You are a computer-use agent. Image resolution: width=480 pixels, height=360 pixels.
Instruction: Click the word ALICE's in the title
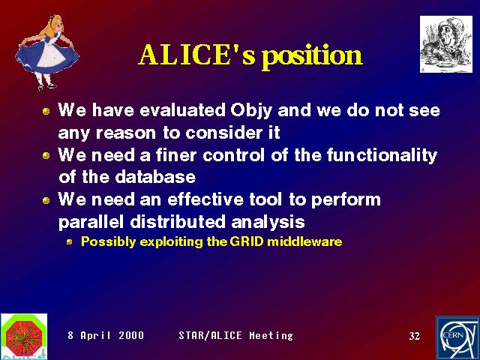click(196, 55)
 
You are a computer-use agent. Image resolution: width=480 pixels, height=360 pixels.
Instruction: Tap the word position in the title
click(313, 57)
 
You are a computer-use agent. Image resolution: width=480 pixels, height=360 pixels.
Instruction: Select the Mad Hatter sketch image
click(446, 44)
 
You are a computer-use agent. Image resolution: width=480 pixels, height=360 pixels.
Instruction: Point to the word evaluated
click(183, 109)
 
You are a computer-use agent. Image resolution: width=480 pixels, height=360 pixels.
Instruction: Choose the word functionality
click(382, 156)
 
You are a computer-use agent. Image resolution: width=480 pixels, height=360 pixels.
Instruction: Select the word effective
click(205, 199)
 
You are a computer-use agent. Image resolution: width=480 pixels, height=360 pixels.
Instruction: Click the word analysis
click(268, 222)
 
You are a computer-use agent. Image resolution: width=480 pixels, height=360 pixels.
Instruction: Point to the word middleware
click(304, 241)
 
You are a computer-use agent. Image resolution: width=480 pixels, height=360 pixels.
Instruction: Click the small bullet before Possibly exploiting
click(70, 242)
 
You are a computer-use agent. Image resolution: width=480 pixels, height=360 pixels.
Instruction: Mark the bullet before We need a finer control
click(46, 155)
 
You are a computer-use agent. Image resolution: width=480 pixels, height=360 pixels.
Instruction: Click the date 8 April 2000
click(106, 335)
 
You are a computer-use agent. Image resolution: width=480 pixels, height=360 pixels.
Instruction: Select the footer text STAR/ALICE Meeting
click(235, 335)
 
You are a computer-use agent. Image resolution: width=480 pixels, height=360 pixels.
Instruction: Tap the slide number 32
click(415, 336)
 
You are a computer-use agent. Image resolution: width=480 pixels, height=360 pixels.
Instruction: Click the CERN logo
click(457, 338)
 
